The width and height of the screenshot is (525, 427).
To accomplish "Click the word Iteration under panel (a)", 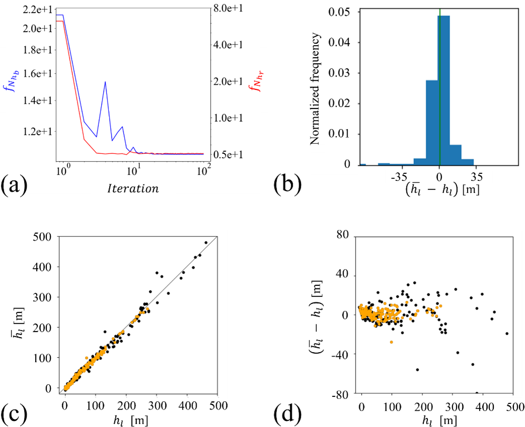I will (x=133, y=189).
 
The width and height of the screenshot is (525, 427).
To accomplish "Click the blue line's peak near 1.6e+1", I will (x=105, y=82).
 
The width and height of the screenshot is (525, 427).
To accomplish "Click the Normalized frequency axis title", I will (x=315, y=88).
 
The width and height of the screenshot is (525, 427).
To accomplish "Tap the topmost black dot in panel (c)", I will (x=206, y=242).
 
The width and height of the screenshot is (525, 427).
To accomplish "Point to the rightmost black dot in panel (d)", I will (x=506, y=334).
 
